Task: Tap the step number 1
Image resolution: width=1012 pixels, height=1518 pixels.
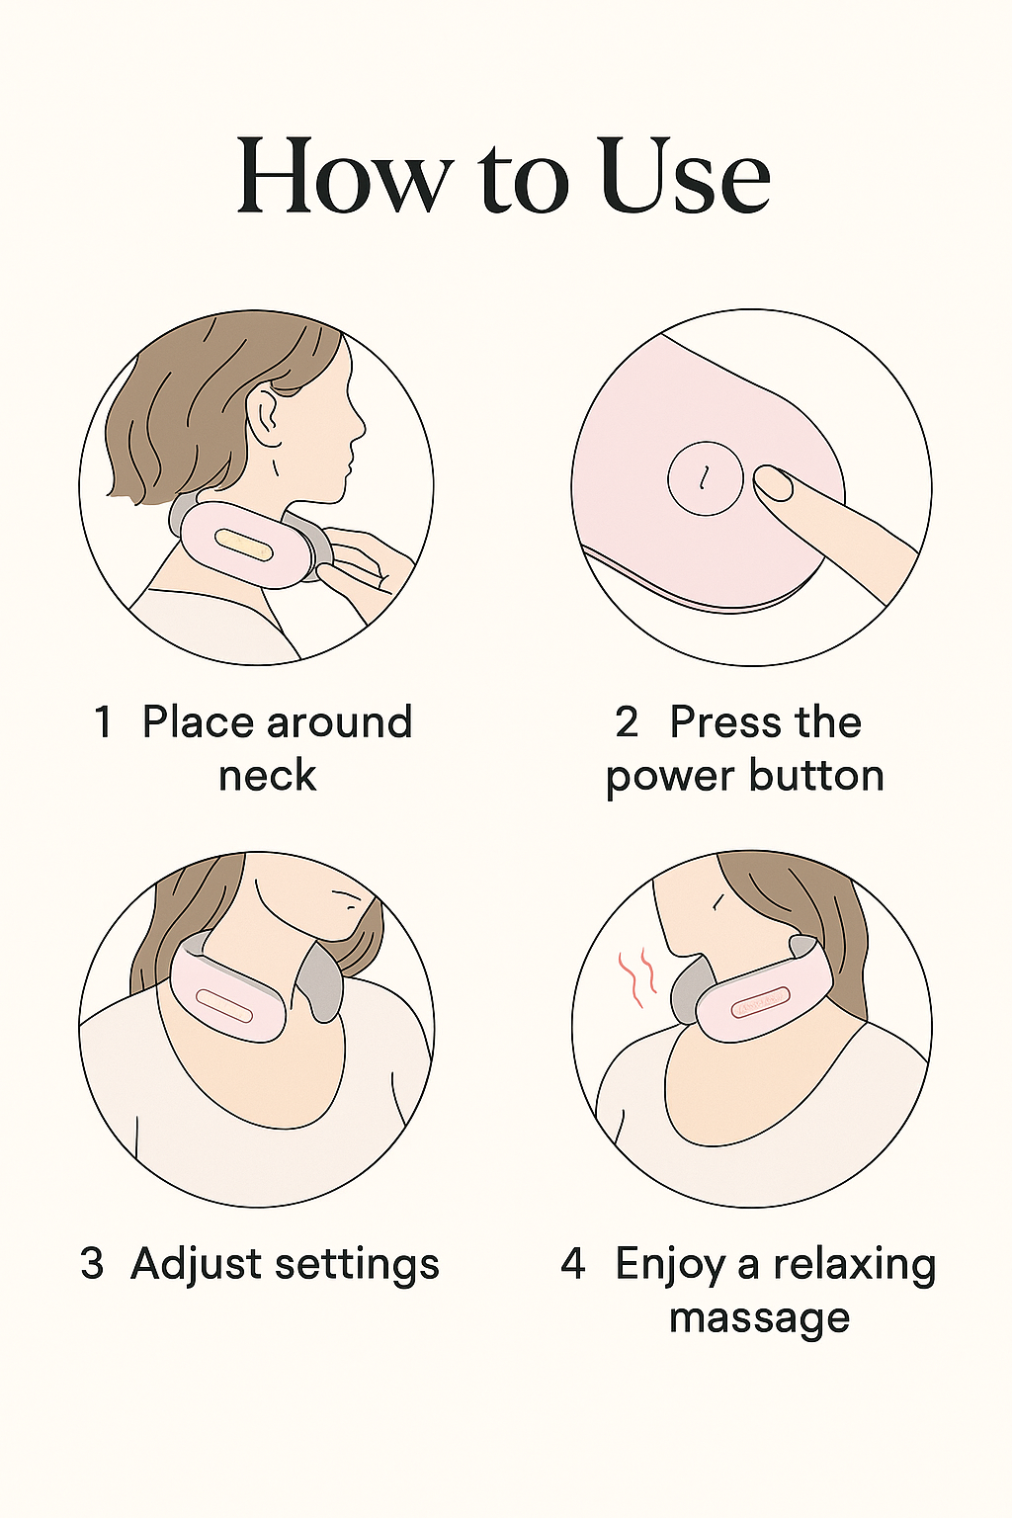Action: point(103,721)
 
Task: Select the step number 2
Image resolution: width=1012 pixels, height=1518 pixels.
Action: point(627,721)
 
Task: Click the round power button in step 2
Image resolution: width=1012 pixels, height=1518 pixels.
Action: point(706,479)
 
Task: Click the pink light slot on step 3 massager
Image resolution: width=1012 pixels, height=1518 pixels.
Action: point(223,1006)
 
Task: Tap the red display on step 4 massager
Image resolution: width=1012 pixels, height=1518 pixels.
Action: point(760,1004)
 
